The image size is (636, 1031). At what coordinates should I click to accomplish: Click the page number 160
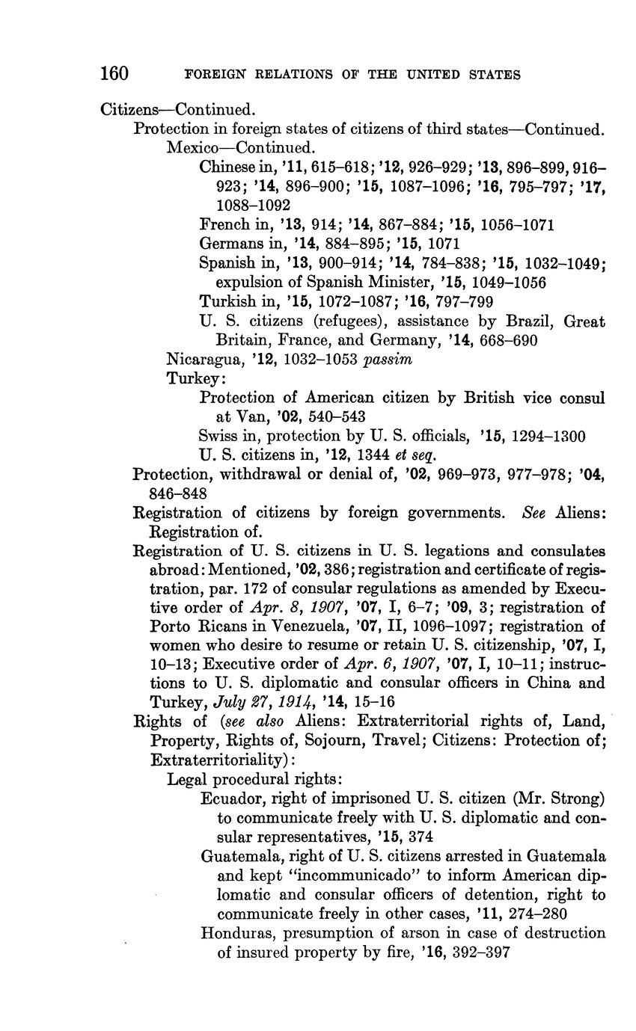(115, 74)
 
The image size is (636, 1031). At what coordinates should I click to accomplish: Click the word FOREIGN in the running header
(214, 75)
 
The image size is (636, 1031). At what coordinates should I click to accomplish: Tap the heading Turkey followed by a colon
(192, 378)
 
